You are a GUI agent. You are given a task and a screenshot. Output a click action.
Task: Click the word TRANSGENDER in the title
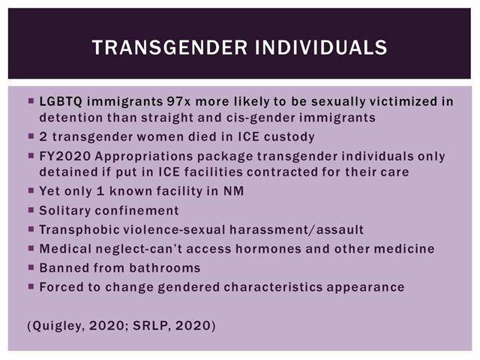170,47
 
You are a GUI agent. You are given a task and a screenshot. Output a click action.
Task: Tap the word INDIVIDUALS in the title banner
321,47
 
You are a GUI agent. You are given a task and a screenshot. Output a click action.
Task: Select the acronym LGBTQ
61,102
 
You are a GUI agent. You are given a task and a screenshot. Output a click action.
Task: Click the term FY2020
65,156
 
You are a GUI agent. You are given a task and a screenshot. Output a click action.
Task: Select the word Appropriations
143,157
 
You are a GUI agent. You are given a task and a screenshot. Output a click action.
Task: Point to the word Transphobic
79,230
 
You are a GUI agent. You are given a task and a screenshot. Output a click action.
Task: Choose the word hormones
268,248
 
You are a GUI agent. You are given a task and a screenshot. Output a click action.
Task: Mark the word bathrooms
165,268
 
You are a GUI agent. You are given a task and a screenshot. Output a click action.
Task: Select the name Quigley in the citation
58,325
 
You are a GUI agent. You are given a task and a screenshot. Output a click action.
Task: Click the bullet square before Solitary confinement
31,210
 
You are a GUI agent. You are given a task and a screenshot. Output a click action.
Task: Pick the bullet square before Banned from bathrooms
31,268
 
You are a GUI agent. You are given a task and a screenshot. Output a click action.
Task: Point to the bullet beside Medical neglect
31,248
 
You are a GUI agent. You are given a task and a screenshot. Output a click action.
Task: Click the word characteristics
273,287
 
